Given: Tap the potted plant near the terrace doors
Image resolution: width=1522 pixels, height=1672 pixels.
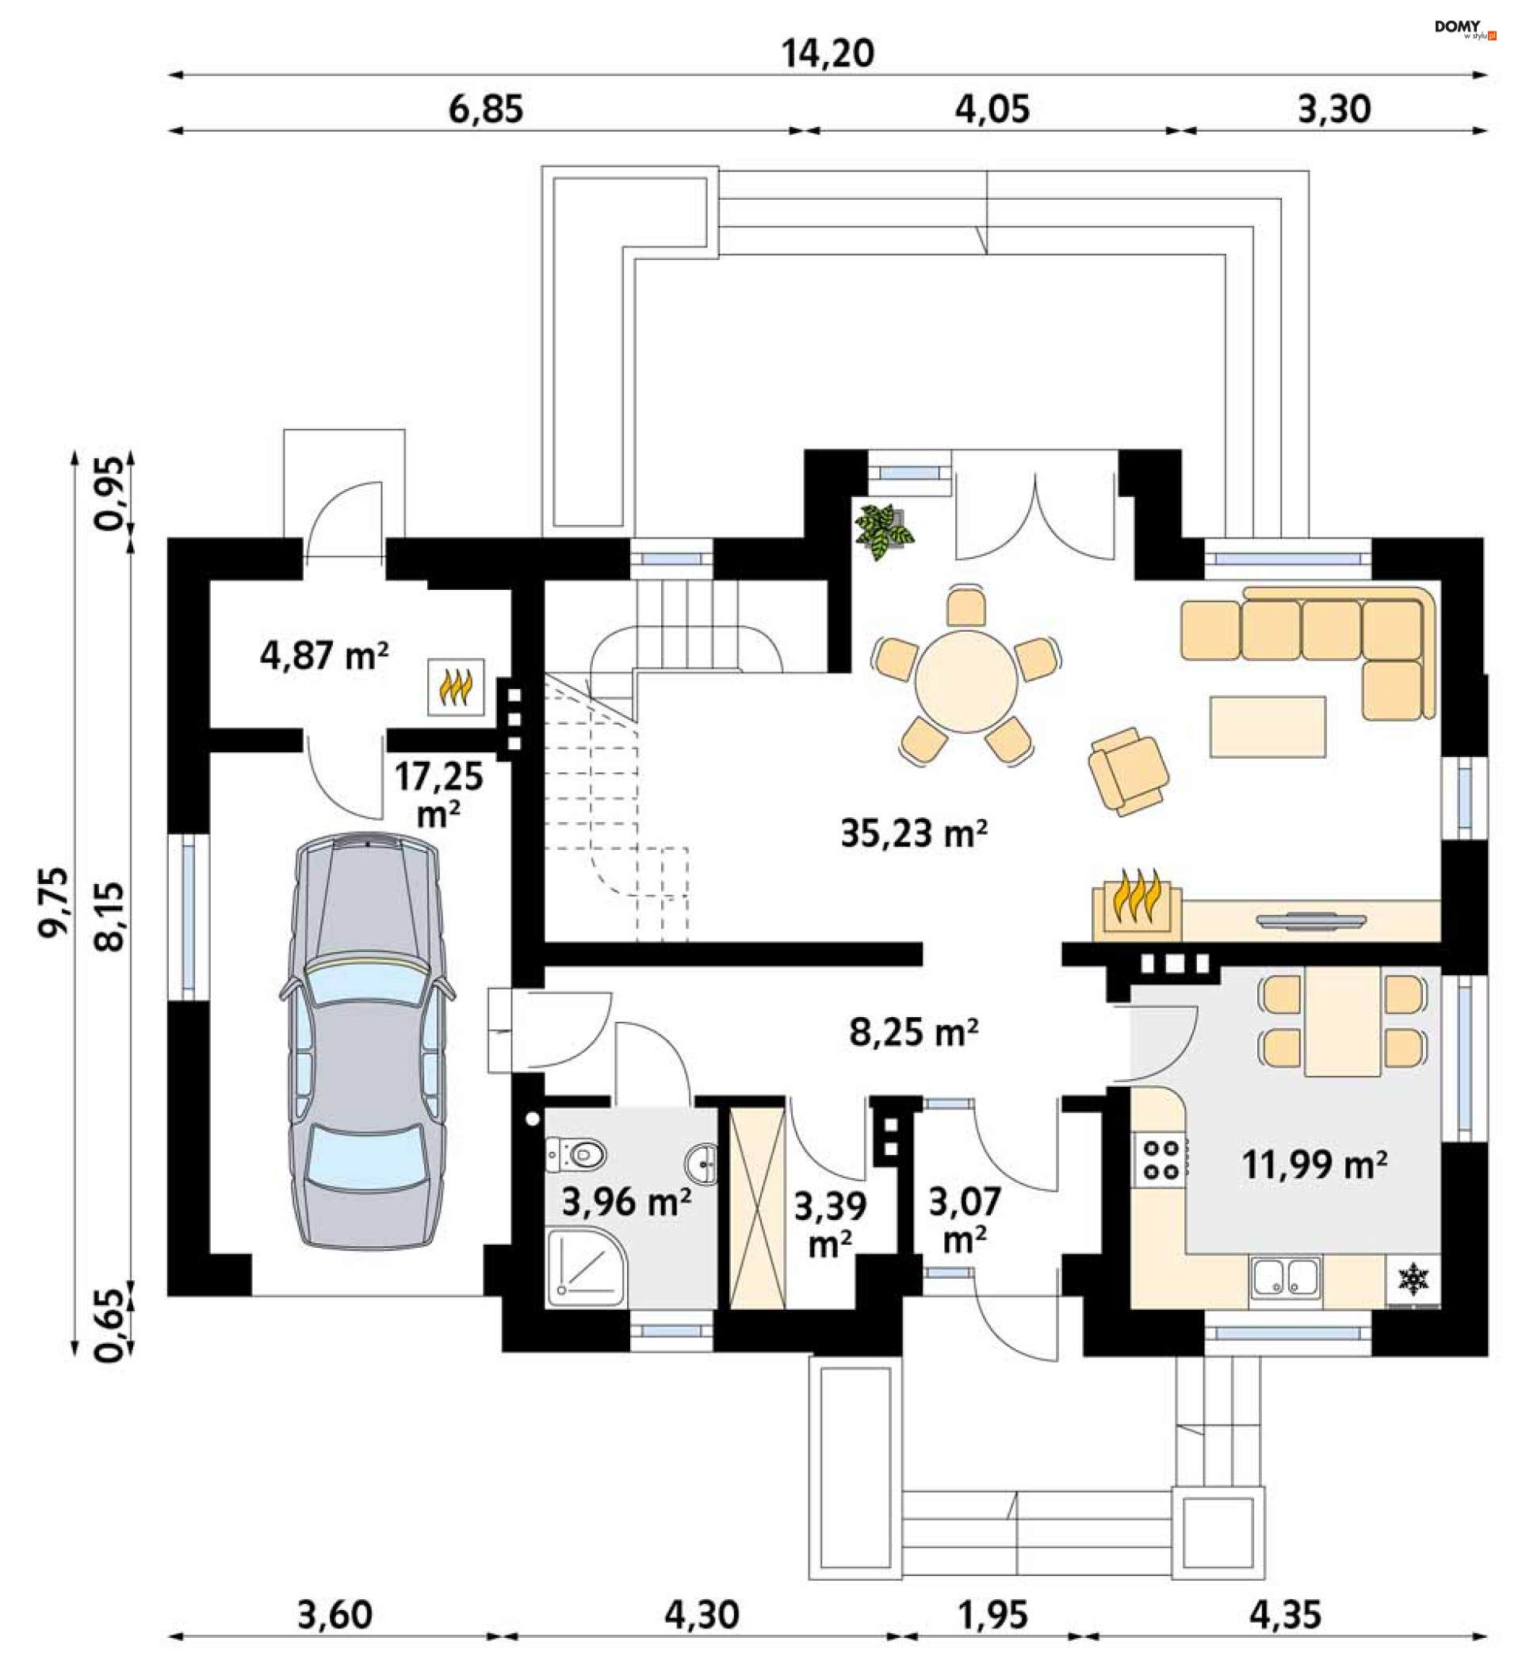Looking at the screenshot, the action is click(x=884, y=531).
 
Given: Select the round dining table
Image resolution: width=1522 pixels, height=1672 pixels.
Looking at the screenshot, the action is click(x=966, y=682).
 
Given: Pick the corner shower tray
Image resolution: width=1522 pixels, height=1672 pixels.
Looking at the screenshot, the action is click(x=586, y=1267).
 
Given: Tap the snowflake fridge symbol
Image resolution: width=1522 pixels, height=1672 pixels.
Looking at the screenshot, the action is click(x=1413, y=1278).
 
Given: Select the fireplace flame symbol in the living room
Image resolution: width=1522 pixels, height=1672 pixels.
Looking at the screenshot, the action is click(x=1136, y=902).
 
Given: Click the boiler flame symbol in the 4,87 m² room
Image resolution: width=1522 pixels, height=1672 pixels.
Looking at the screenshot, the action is click(x=456, y=687).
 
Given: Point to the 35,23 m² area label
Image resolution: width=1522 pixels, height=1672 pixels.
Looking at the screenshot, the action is click(x=913, y=832).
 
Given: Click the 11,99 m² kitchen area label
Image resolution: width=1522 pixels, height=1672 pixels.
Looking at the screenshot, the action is click(x=1314, y=1165).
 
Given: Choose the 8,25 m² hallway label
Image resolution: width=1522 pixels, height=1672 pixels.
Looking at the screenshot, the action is click(x=913, y=1032).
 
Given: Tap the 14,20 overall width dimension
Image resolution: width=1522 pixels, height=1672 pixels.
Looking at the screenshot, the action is click(x=828, y=54).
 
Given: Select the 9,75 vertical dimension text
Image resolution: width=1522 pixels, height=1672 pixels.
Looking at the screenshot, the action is click(x=52, y=901).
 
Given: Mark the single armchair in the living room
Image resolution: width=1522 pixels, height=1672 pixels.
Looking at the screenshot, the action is click(x=1129, y=771).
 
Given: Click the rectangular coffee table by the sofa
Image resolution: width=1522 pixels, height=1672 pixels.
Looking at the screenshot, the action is click(x=1268, y=726).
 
